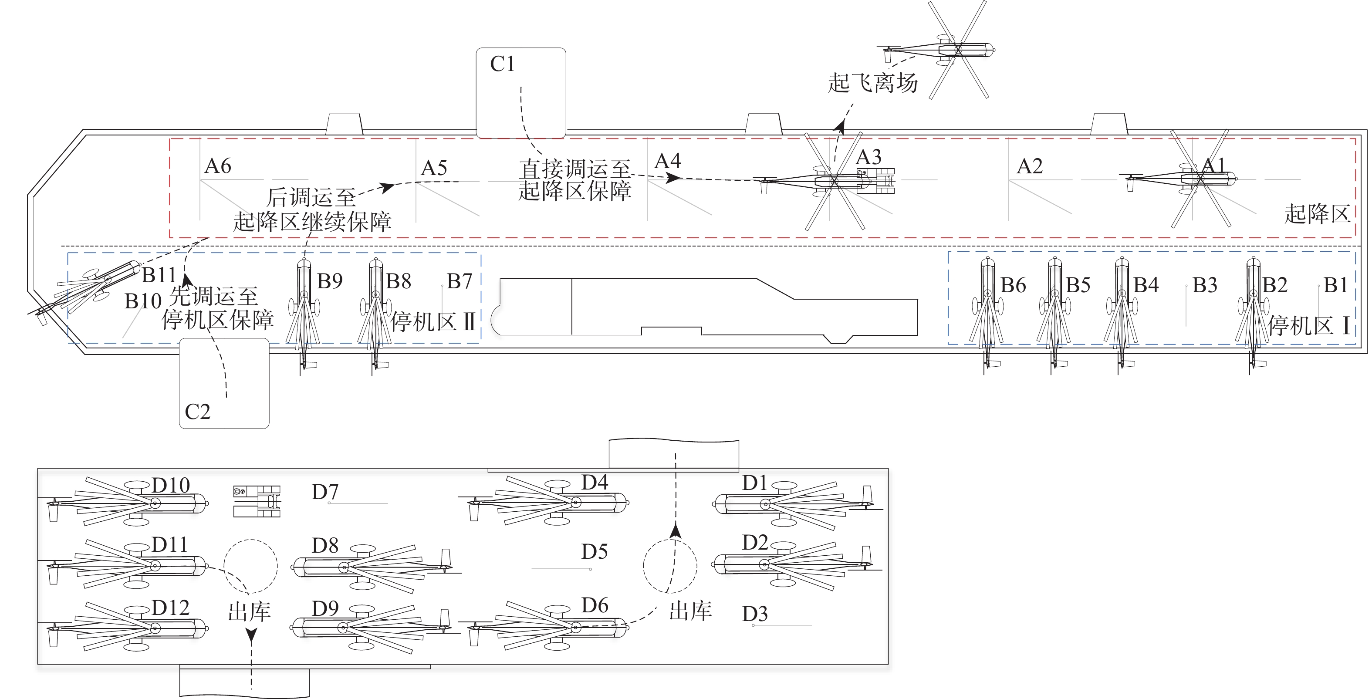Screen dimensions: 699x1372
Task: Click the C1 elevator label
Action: point(502,64)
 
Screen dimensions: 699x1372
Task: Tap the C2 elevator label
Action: point(197,412)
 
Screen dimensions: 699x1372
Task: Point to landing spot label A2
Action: point(1029,167)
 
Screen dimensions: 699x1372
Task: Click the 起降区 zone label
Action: point(1317,214)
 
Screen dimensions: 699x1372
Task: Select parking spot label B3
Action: point(1205,285)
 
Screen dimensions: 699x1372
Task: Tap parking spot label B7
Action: point(459,281)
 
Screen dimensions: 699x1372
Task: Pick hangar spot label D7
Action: point(325,492)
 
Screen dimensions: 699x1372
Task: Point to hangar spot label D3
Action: point(755,614)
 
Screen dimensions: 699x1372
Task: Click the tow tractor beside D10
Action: point(257,501)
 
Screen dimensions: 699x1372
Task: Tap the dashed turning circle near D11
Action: point(250,566)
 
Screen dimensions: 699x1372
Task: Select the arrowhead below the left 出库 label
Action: point(251,635)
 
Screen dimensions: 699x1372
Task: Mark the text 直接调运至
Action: point(574,169)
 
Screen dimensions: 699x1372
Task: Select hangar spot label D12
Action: point(170,608)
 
